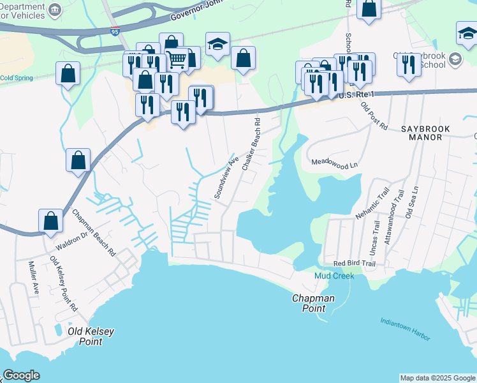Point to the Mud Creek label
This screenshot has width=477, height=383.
(x=334, y=276)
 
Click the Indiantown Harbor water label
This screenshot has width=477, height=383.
(x=405, y=329)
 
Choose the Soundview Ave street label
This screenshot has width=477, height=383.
(x=226, y=177)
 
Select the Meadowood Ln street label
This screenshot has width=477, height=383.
(x=334, y=165)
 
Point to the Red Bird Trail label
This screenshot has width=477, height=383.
(x=355, y=264)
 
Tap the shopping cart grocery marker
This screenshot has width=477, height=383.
(x=177, y=59)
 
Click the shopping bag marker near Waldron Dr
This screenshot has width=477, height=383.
(x=50, y=221)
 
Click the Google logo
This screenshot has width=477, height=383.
(x=22, y=375)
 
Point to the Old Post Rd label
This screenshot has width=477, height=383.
(x=374, y=116)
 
